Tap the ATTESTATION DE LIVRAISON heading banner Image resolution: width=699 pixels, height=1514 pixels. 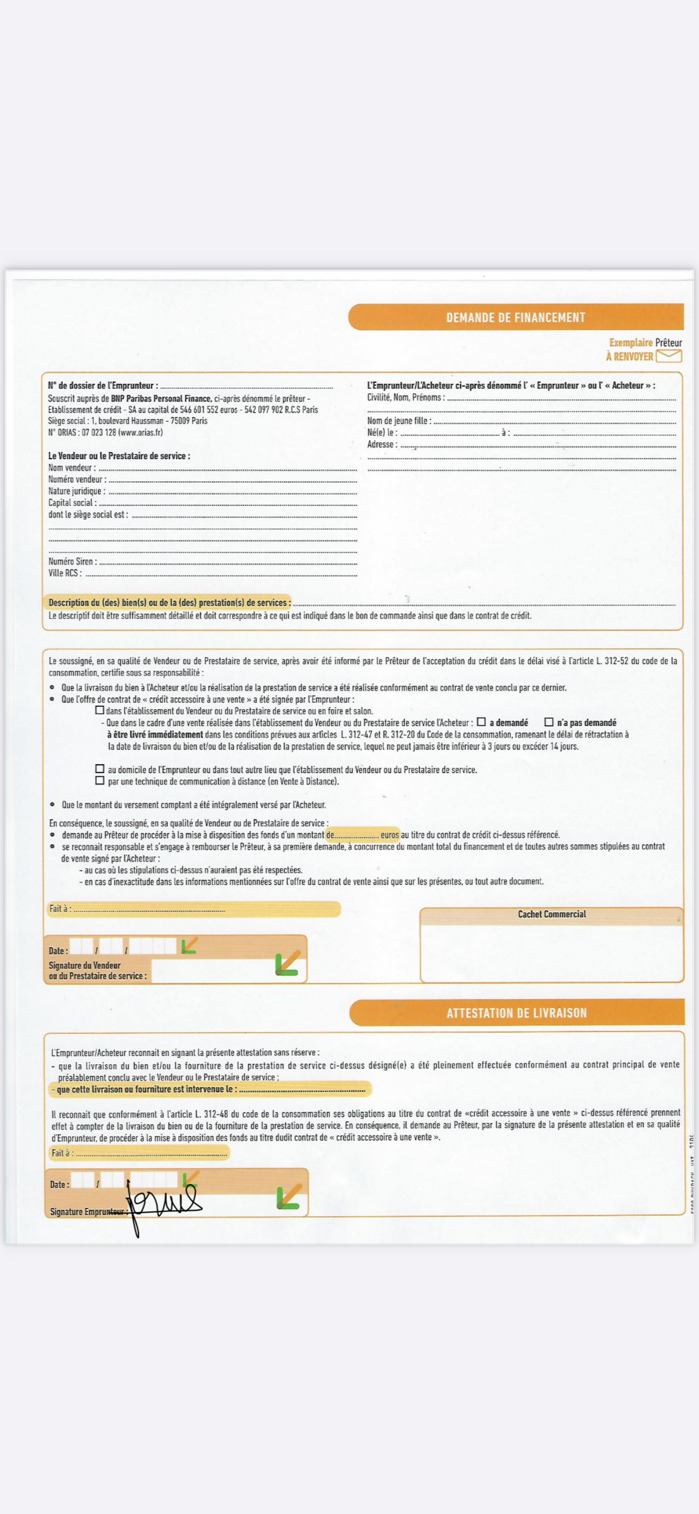516,1013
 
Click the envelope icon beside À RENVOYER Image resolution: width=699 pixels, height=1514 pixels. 669,356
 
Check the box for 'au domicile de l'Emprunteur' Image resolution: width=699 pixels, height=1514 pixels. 100,769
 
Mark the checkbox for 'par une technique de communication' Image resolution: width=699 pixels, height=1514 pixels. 100,780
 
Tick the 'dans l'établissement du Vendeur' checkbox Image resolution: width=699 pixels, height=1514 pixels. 100,710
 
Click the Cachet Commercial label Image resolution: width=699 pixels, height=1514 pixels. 552,914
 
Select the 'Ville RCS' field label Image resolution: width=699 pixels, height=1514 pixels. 65,573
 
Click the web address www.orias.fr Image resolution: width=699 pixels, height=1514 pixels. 140,433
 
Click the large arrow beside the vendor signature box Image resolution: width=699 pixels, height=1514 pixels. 288,963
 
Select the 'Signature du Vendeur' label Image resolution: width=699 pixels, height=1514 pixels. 85,965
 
